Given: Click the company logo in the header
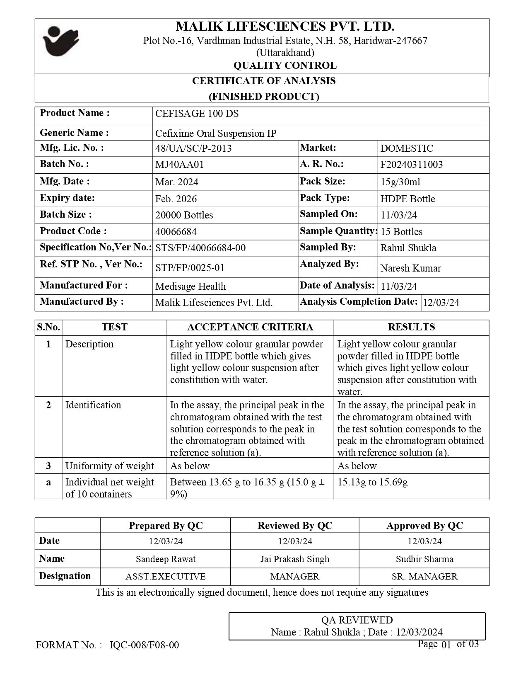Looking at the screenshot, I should [60, 41].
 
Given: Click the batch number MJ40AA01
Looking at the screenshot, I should [179, 165].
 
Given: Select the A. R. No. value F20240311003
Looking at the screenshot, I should [411, 165].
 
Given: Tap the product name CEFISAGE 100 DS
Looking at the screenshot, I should [197, 114].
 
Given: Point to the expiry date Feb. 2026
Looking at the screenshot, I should [176, 199].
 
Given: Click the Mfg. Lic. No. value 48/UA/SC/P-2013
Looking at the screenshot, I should [193, 148].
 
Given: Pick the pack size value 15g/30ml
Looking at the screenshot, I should [400, 182].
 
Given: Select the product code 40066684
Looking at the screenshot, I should [176, 231].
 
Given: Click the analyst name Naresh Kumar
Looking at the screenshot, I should [410, 268].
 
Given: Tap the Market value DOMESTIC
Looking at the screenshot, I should [407, 148].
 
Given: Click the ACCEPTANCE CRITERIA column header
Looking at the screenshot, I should [250, 327].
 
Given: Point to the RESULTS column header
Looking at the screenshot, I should [411, 327].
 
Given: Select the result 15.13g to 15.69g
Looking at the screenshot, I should [372, 482].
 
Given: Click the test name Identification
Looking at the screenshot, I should [93, 405].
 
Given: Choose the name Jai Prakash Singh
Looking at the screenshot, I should [295, 559].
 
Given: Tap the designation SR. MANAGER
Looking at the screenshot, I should [424, 577].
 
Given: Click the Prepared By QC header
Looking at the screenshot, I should [166, 526].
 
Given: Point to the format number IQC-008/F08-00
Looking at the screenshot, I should [145, 645].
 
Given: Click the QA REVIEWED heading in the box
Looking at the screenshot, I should [357, 620].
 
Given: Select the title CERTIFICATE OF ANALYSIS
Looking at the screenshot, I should [264, 81].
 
